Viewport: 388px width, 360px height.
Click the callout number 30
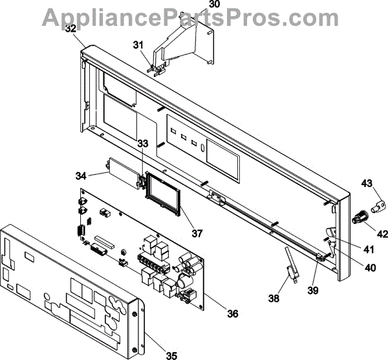point(215,4)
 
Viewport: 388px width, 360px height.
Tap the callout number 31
point(138,45)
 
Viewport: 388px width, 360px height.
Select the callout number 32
point(70,28)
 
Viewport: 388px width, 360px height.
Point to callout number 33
point(142,143)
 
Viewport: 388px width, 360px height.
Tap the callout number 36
point(232,314)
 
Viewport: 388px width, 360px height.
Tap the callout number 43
point(367,183)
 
